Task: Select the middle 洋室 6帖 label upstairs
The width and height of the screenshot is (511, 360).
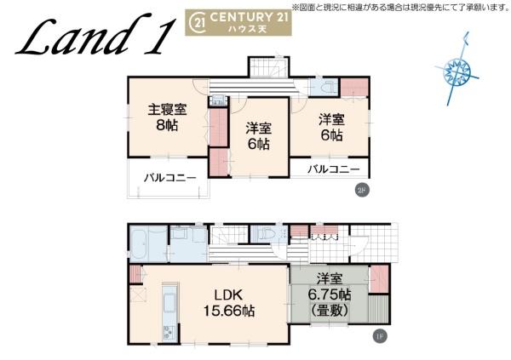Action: pos(259,135)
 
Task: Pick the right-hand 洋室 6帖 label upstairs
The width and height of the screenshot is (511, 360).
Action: pos(330,128)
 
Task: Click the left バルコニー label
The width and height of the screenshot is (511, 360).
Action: pos(169,178)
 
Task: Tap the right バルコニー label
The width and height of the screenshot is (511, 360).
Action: pos(333,169)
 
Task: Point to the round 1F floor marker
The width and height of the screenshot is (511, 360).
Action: pos(379,335)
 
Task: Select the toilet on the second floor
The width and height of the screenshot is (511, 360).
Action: pos(324,87)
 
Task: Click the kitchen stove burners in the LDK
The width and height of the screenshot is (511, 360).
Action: pos(167,331)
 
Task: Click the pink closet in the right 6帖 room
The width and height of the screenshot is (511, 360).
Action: pos(350,87)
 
